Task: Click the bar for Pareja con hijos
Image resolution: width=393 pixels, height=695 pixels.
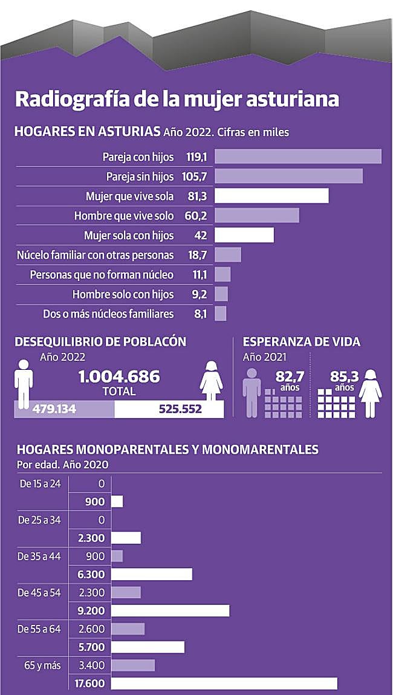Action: [x=298, y=157]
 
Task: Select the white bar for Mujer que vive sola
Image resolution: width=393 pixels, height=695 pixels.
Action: [x=271, y=196]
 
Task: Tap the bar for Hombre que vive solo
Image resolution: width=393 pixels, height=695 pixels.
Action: [x=257, y=216]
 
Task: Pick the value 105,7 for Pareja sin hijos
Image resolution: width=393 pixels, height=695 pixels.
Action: [x=195, y=176]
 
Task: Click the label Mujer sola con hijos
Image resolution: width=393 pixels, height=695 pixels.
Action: [x=129, y=236]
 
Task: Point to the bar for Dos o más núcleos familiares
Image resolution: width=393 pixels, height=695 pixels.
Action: [x=221, y=314]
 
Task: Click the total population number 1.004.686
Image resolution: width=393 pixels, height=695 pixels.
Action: [x=119, y=377]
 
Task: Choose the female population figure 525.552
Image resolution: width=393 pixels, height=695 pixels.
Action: [x=180, y=409]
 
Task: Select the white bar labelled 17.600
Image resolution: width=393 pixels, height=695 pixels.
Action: [x=224, y=684]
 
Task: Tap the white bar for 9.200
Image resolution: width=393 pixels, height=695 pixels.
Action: [x=170, y=610]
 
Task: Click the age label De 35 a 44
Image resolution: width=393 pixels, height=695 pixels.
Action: [x=39, y=556]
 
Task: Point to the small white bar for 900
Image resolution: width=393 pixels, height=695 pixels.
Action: [x=117, y=502]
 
